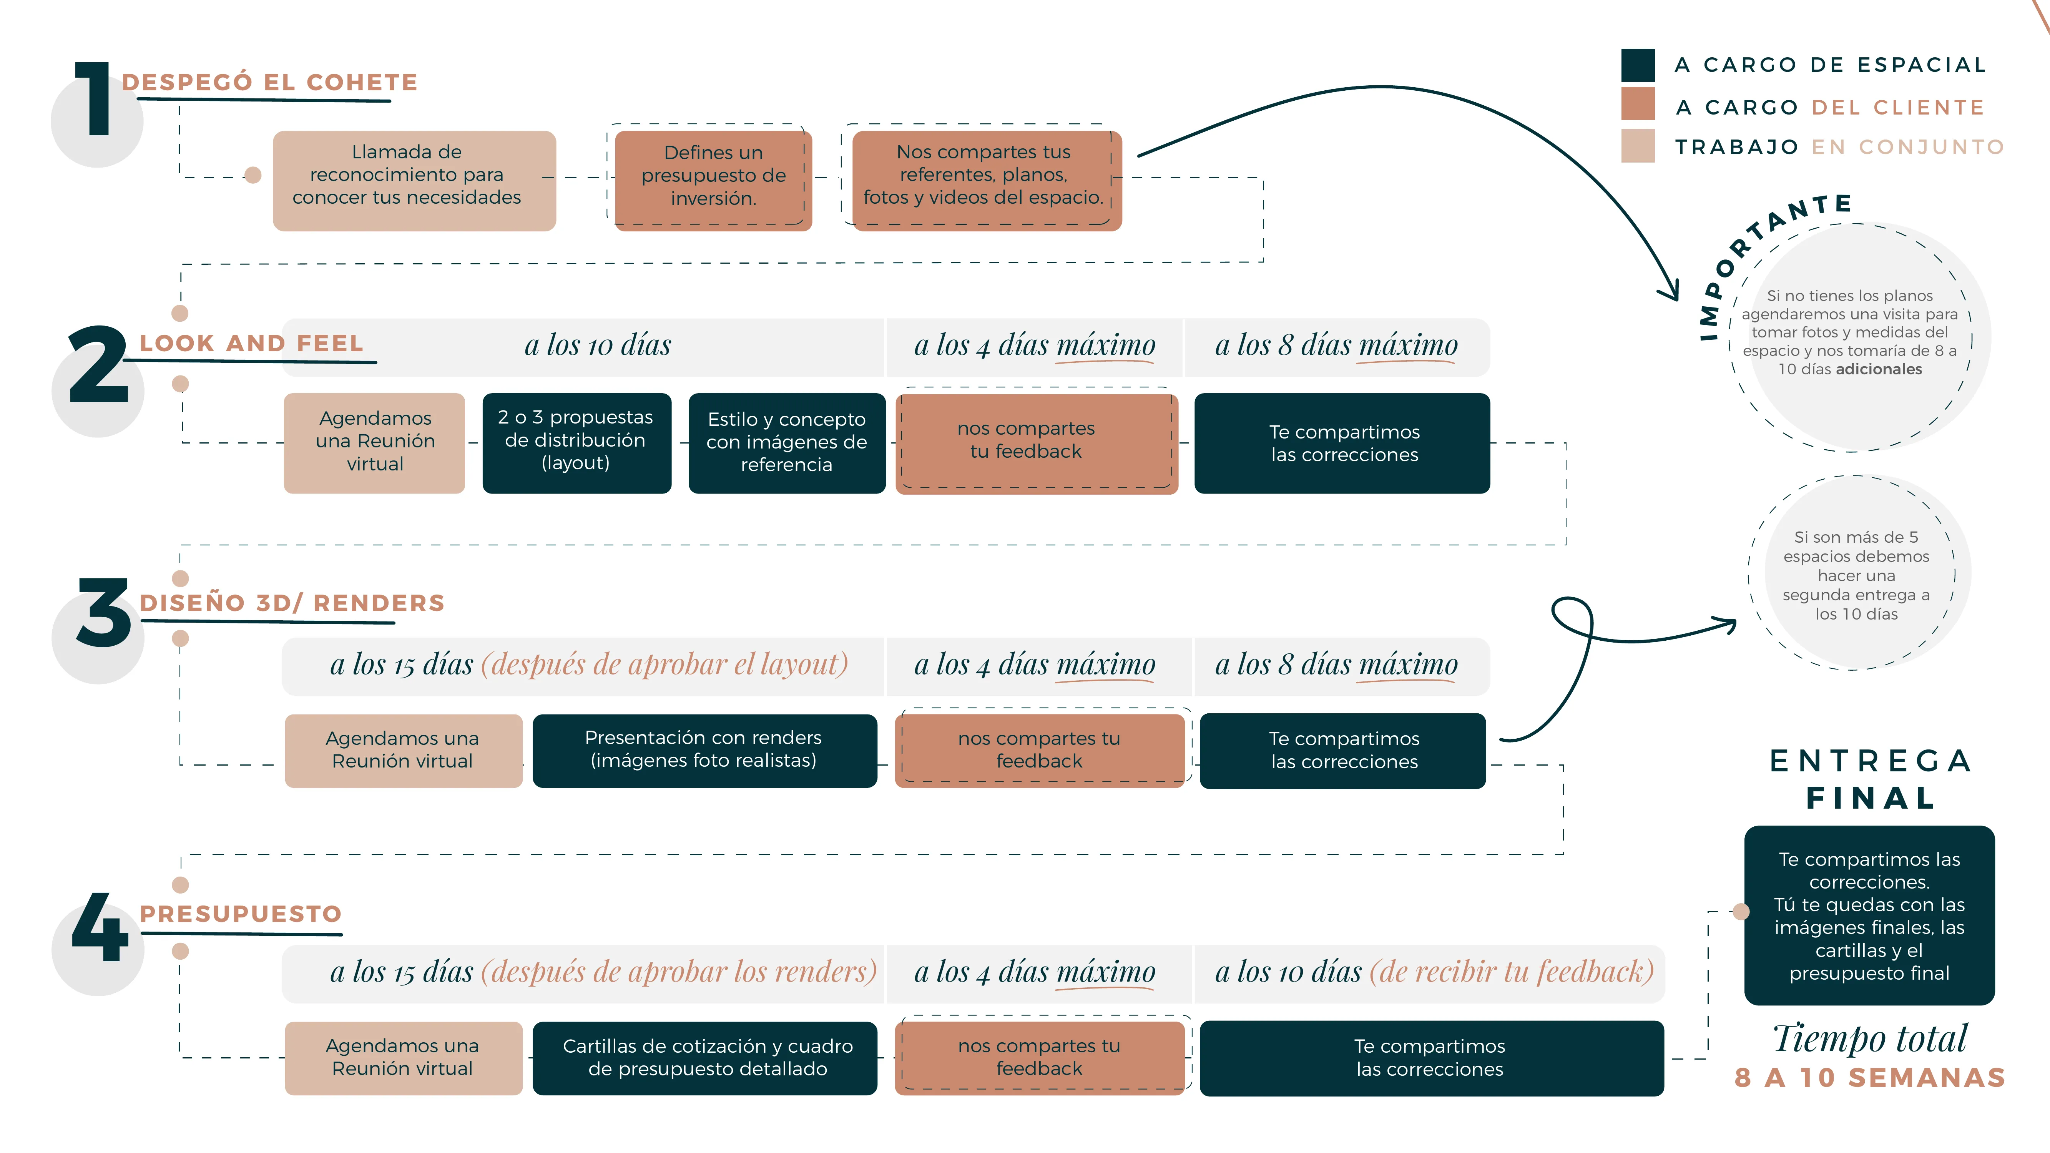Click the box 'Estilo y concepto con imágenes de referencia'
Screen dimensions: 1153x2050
[786, 442]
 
